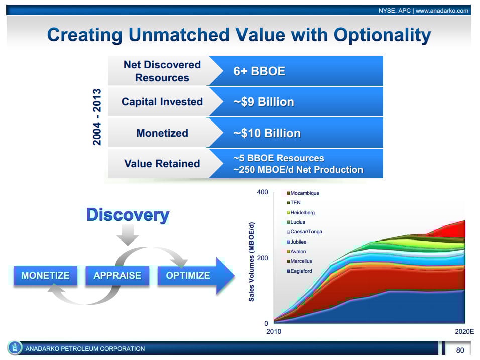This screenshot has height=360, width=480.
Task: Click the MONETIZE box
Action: coord(45,276)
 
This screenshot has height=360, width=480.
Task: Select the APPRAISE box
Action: coord(117,276)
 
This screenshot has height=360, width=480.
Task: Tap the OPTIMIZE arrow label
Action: coord(188,276)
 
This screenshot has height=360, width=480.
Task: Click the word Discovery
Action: coord(128,215)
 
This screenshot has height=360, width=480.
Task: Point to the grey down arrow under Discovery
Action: coord(128,235)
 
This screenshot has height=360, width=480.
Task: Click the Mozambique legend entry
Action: coord(303,193)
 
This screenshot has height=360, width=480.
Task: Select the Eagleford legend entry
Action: coord(299,271)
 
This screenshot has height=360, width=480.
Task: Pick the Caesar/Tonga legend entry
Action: coord(304,232)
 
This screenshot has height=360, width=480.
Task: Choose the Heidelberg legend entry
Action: coord(301,213)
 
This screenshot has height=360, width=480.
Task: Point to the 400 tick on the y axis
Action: coord(263,192)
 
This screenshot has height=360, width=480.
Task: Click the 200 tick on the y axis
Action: coord(263,258)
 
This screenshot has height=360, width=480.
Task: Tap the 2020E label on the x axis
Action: coord(464,331)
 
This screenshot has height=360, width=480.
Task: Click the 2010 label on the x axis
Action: coord(273,331)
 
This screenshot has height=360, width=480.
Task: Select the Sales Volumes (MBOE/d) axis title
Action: coord(252,262)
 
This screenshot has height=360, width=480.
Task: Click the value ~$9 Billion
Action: coord(264,102)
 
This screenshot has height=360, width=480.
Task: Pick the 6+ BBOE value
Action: coord(259,71)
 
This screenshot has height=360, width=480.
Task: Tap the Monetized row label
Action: coord(162,133)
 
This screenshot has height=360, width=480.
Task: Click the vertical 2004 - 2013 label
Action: coord(97,117)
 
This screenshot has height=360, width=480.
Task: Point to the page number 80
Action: coord(460,350)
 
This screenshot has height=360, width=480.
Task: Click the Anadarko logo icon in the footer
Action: coord(15,348)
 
